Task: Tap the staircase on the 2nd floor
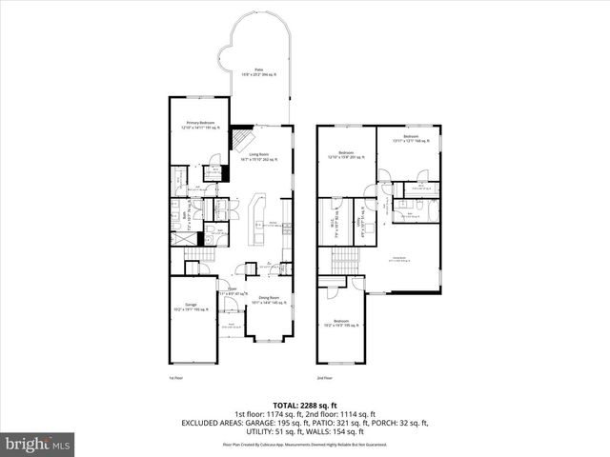342,258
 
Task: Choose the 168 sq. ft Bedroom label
410,140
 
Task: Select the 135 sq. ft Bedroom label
340,324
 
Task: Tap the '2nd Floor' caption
325,378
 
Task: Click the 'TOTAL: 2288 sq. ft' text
305,405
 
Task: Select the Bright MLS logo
38,444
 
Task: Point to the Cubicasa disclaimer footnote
305,444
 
